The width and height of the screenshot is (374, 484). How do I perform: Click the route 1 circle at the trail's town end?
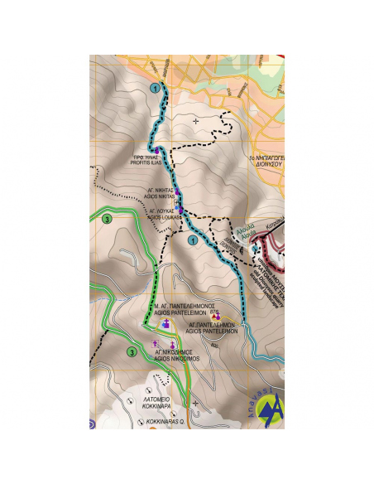(x=154, y=87)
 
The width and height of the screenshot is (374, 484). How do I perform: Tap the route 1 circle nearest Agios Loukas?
(x=193, y=240)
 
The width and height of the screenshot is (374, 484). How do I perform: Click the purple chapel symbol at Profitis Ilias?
(x=156, y=150)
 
